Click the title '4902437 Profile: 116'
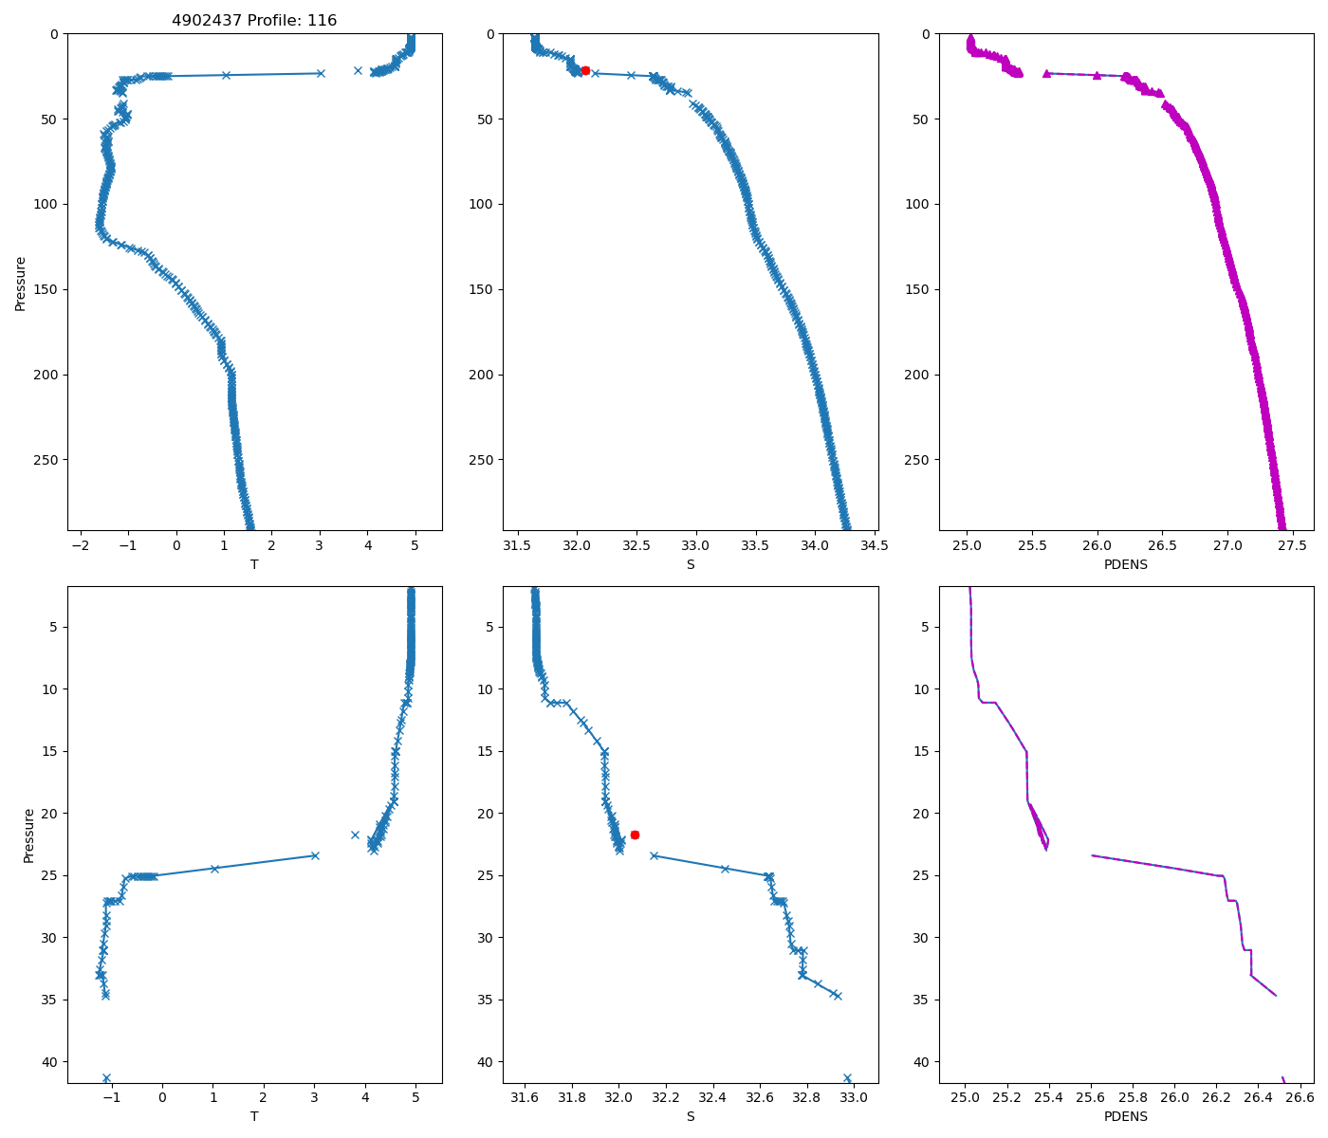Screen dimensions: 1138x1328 tap(254, 21)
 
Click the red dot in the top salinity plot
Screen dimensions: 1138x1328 tap(585, 70)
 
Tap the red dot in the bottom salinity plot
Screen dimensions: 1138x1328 tap(635, 835)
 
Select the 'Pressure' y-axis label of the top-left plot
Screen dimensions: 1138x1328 tap(21, 283)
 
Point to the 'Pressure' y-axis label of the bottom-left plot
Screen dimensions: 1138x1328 tap(28, 835)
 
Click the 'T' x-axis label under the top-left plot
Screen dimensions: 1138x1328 tap(254, 564)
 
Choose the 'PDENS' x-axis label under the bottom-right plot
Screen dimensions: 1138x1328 tap(1126, 1116)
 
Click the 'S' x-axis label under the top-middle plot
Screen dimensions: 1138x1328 tap(691, 564)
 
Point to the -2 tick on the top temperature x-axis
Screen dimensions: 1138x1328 tap(81, 545)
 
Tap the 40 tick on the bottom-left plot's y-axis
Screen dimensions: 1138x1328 tap(51, 1061)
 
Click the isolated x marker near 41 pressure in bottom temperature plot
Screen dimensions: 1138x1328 tap(106, 1077)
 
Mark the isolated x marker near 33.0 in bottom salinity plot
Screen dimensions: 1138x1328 tap(847, 1077)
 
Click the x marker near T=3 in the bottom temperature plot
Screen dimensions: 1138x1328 tap(314, 855)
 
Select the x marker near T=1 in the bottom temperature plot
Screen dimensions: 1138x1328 tap(214, 869)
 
